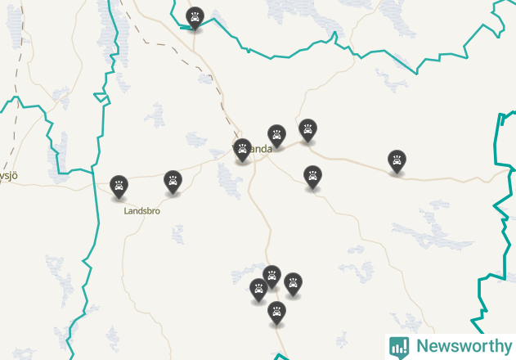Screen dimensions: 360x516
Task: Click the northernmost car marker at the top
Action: point(195,17)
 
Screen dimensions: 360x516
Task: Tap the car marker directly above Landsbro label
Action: point(119,186)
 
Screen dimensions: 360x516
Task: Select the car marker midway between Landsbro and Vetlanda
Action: point(173,181)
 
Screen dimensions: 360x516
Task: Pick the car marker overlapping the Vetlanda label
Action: point(242,149)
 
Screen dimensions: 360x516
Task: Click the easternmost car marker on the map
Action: point(397,160)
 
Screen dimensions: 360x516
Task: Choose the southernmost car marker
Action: point(277,312)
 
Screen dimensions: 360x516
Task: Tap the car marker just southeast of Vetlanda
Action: point(312,176)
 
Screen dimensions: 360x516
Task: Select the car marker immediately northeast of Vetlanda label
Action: point(277,135)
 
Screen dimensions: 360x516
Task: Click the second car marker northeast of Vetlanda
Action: point(307,129)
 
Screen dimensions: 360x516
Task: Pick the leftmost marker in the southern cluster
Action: point(258,289)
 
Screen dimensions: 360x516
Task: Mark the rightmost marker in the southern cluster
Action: point(293,283)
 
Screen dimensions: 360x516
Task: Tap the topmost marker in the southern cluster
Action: point(272,276)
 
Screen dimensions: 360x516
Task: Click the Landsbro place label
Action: point(141,210)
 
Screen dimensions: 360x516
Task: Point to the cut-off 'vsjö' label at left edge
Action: point(8,175)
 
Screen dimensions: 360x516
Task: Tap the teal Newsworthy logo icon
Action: point(399,346)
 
